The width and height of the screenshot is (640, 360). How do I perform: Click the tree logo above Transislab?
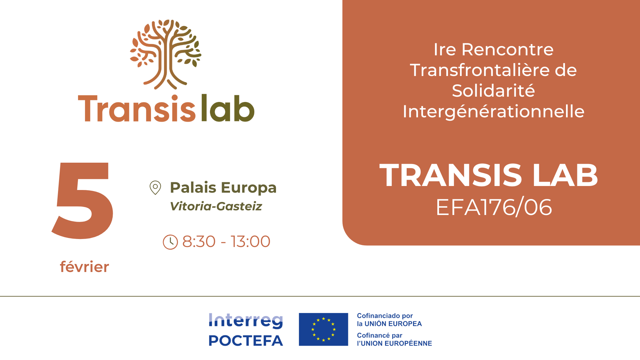tap(166, 54)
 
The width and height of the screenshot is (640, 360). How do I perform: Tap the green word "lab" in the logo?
tap(228, 108)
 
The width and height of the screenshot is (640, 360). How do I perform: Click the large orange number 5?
tap(83, 201)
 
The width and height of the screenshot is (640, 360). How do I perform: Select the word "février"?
tap(84, 267)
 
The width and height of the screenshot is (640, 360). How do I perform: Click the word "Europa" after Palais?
tap(249, 188)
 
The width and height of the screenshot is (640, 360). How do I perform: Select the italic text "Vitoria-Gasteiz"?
tap(216, 206)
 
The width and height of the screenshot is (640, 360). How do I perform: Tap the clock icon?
tap(170, 242)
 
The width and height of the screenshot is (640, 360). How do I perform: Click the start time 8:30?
tap(199, 241)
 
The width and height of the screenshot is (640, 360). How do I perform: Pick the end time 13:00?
tap(250, 241)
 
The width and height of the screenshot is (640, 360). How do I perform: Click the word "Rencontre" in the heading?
tap(507, 49)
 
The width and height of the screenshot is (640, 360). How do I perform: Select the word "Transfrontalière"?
tap(479, 70)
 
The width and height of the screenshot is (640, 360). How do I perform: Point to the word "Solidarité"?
tap(493, 91)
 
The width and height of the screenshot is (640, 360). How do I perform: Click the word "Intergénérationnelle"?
tap(493, 112)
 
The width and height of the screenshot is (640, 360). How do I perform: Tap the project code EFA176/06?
tap(494, 207)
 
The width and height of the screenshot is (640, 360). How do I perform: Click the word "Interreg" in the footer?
tap(246, 321)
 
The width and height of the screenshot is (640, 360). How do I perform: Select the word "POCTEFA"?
tap(246, 341)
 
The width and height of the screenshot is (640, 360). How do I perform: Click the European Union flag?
tap(323, 329)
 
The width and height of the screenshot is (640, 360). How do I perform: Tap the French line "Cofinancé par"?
tap(380, 335)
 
